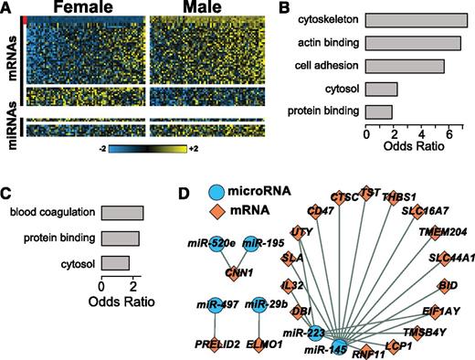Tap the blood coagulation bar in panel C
pos(121,214)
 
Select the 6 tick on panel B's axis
pos(449,134)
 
